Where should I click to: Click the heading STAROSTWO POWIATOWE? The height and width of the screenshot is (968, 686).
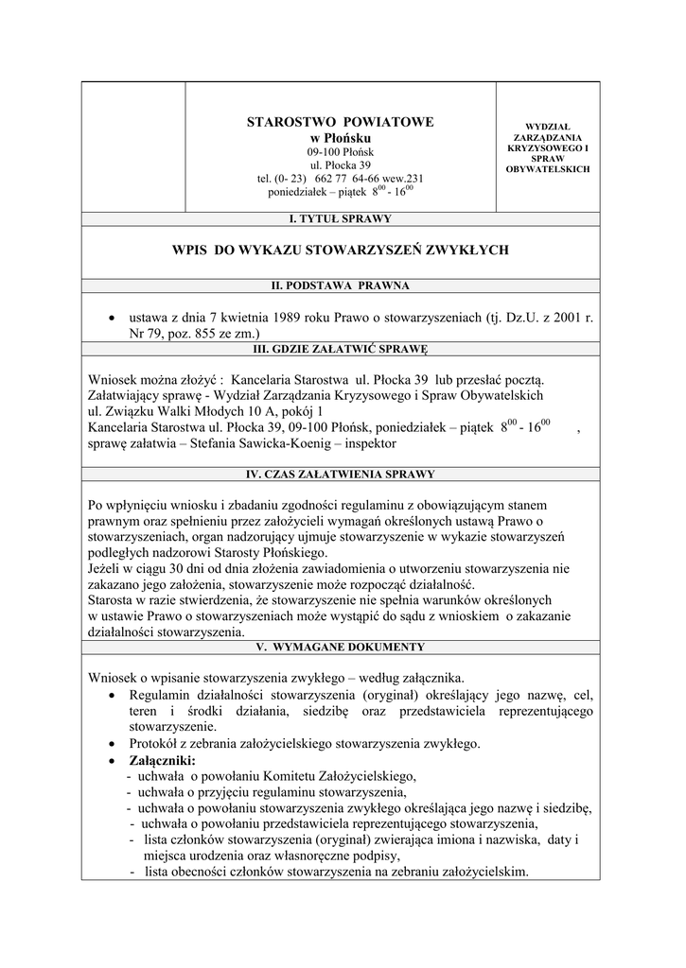340,122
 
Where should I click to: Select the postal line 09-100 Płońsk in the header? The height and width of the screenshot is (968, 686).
340,152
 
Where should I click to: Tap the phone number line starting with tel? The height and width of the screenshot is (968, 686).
340,178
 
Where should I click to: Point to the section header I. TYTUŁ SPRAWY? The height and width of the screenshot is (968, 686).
340,219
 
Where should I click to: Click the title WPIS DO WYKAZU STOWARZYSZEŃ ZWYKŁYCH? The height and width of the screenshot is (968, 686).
340,251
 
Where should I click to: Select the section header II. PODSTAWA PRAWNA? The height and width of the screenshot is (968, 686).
340,285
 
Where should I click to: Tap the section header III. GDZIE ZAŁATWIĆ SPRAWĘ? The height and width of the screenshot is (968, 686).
340,349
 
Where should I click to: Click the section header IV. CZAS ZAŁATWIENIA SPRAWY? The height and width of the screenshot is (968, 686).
340,475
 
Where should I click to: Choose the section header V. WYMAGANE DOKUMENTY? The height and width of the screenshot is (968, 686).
340,648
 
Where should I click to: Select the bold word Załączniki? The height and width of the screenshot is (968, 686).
162,760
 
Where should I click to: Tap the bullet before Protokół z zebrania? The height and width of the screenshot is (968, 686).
113,744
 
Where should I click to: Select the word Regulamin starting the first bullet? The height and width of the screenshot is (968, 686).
162,696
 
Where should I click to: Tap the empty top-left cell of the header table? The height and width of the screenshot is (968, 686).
132,147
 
